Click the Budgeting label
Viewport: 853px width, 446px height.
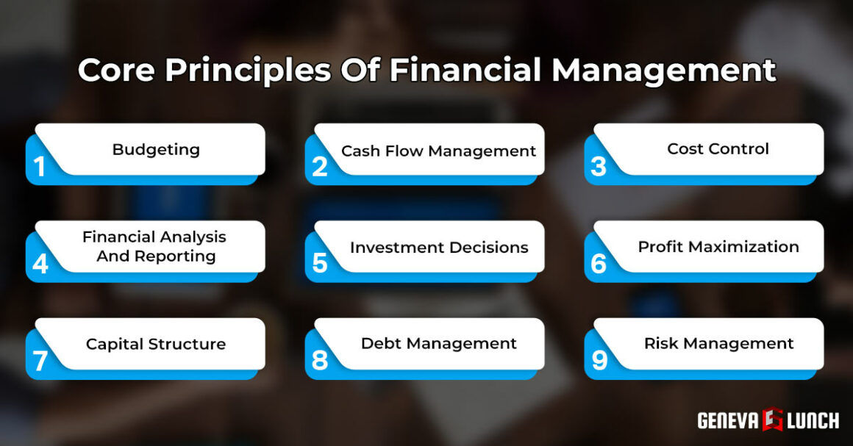(156, 150)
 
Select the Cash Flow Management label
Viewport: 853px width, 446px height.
(438, 151)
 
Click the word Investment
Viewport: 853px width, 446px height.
(394, 248)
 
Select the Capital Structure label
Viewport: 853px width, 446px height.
(156, 344)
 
